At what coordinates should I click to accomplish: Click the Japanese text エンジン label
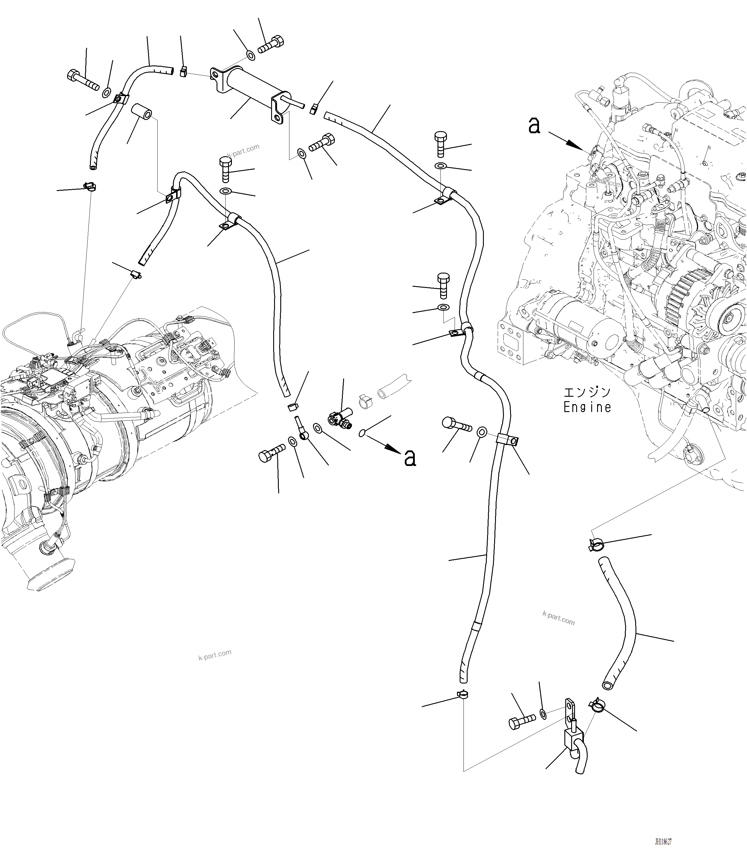coord(587,392)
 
